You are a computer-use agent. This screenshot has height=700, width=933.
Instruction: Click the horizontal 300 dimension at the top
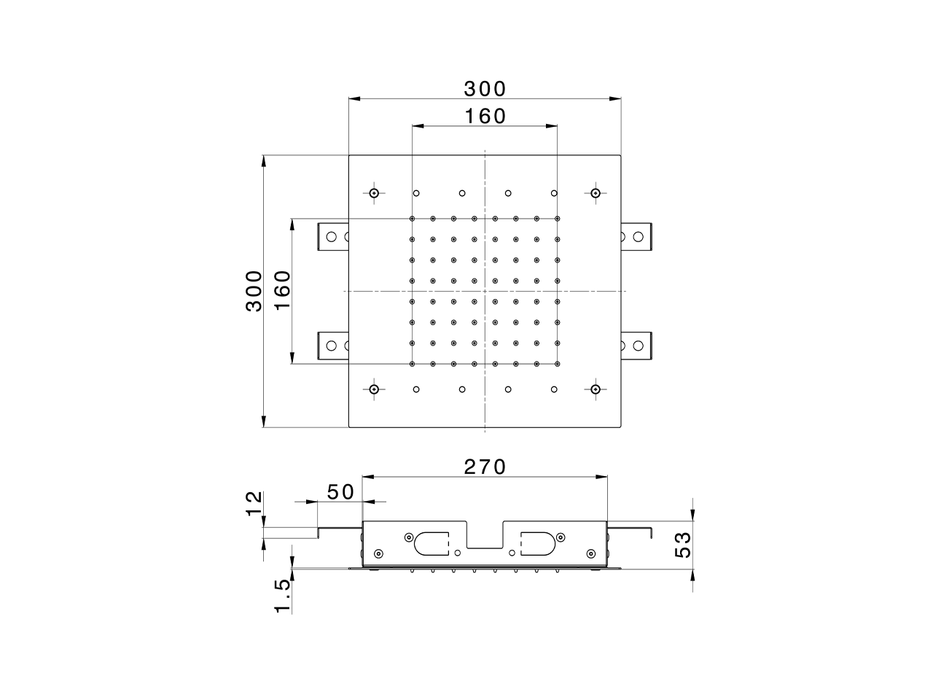pos(485,88)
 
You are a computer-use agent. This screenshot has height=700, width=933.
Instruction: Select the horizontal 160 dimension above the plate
pos(485,115)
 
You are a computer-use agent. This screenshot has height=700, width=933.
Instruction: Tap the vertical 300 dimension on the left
pos(253,290)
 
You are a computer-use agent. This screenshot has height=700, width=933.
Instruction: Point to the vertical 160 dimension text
pos(282,290)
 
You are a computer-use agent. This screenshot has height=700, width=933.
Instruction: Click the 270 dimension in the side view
pos(485,467)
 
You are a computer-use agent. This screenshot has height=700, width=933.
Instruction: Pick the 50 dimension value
pos(340,492)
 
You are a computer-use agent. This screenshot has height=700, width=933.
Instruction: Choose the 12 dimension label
pos(253,503)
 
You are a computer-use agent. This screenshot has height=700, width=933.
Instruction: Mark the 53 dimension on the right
pos(682,545)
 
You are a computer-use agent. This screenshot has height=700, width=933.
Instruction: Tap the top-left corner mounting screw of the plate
pos(374,193)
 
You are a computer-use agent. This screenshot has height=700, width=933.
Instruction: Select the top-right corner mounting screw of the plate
pos(596,193)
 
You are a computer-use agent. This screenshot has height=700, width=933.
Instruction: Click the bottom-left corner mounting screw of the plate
pos(374,389)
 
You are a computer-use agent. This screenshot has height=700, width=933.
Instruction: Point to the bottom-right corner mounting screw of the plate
pos(596,389)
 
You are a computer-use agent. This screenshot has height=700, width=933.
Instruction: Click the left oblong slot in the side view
pos(431,542)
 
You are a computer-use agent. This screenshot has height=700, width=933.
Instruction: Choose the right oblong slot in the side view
pos(538,542)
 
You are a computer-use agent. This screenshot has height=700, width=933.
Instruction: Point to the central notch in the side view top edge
pos(485,536)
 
